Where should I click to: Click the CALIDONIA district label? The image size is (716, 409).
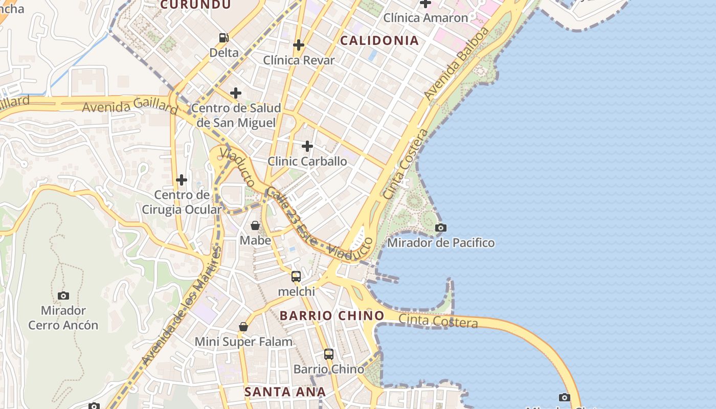point(379,40)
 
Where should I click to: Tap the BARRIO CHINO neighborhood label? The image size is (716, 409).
point(332,315)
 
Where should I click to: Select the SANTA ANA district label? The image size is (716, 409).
point(285,392)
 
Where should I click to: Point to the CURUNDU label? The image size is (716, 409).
point(195,5)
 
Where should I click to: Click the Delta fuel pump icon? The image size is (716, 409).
point(223,37)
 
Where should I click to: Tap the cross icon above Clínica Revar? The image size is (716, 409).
point(299,45)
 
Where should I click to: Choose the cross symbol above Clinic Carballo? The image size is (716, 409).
point(307,146)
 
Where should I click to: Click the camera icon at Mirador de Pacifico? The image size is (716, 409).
point(440,228)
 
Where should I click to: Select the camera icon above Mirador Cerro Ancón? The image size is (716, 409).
point(63,296)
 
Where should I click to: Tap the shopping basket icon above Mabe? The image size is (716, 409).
point(255,225)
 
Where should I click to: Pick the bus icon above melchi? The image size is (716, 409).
point(296,277)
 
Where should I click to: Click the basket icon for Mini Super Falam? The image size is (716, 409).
point(243,327)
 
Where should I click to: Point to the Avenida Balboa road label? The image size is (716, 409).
point(456,64)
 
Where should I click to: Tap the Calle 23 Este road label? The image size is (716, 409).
point(292,216)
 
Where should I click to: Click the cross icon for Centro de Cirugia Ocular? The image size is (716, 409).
point(182,180)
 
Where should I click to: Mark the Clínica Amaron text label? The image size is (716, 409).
point(426,18)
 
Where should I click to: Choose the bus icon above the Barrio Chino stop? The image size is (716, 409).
point(329,354)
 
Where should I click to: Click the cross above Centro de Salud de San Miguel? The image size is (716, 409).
point(236,93)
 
